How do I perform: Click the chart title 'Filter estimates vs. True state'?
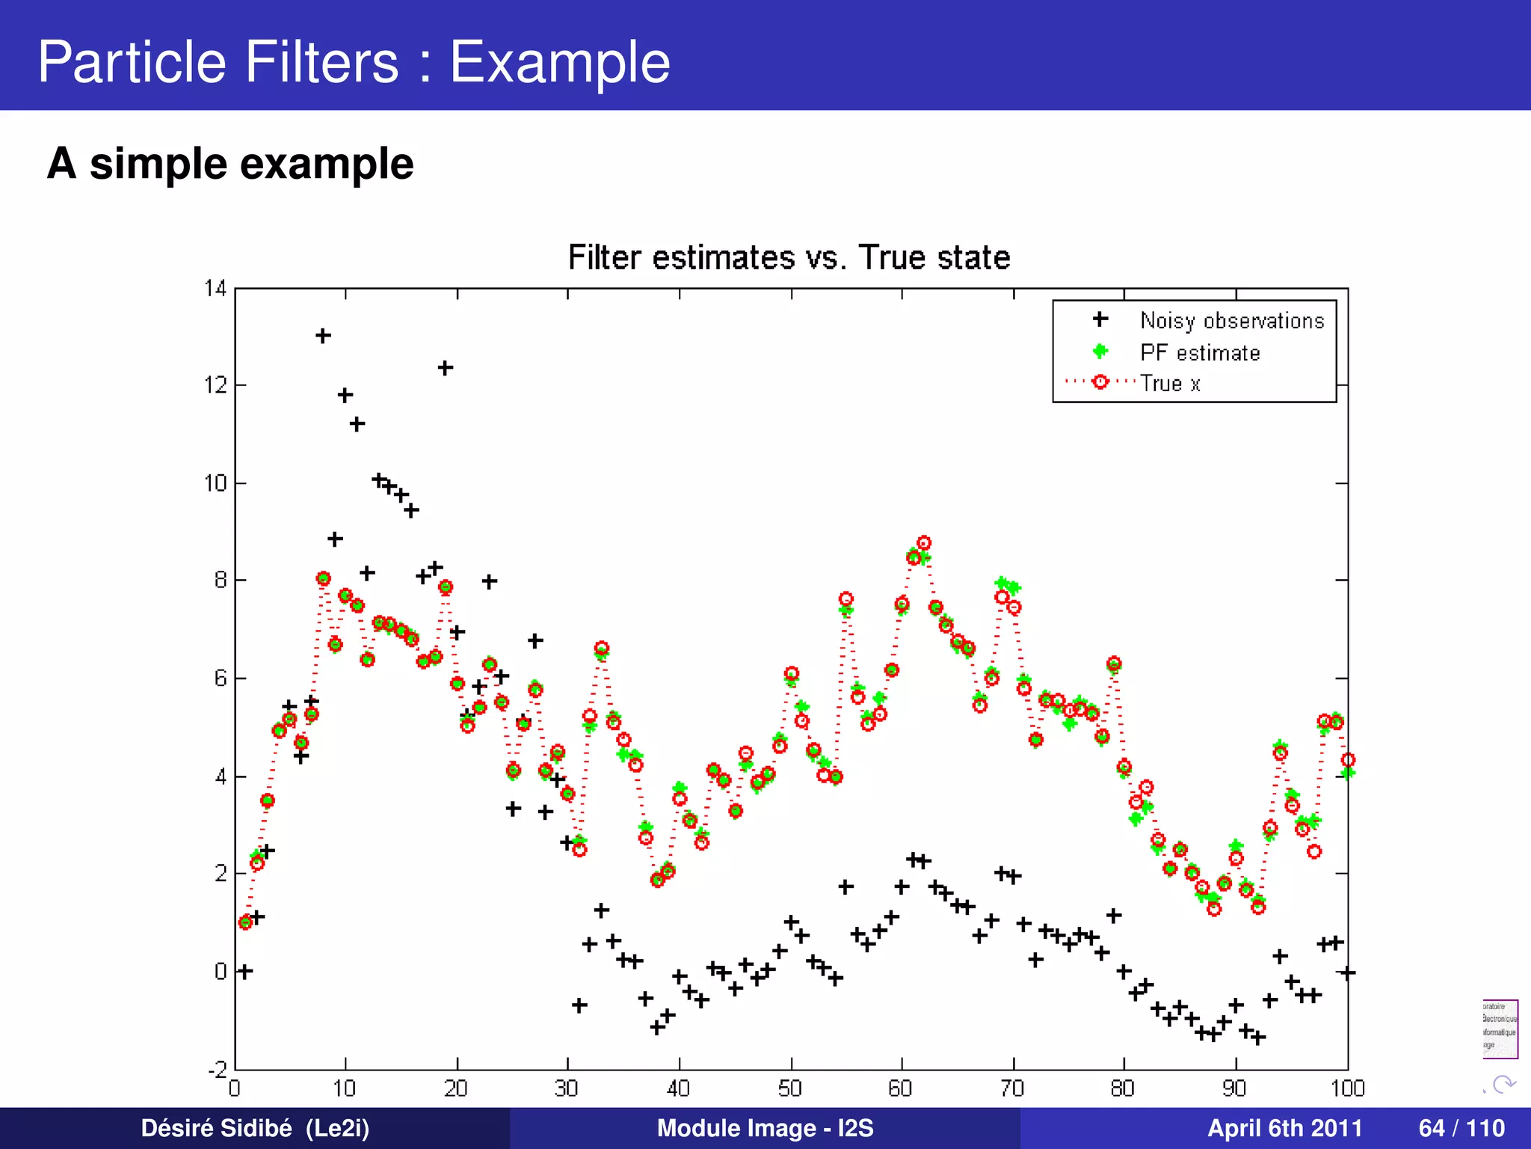point(789,257)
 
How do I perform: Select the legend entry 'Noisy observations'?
point(1231,320)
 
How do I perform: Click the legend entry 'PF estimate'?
point(1199,352)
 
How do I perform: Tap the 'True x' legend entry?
point(1170,384)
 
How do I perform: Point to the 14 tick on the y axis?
point(215,288)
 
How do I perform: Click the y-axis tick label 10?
point(215,483)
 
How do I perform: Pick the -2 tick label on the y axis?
point(217,1069)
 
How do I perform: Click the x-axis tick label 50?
point(790,1088)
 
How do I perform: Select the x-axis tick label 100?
point(1347,1088)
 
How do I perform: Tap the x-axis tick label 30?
point(567,1088)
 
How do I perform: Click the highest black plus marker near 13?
point(323,336)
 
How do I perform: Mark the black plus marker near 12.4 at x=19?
point(445,368)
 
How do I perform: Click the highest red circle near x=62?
point(924,543)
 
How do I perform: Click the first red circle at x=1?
point(245,922)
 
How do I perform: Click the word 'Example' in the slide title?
point(559,61)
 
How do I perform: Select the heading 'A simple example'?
point(230,163)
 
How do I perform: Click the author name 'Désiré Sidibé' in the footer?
point(217,1128)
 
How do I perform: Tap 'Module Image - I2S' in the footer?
point(765,1128)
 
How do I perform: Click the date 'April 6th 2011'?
point(1284,1128)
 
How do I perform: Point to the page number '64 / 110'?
point(1461,1128)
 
